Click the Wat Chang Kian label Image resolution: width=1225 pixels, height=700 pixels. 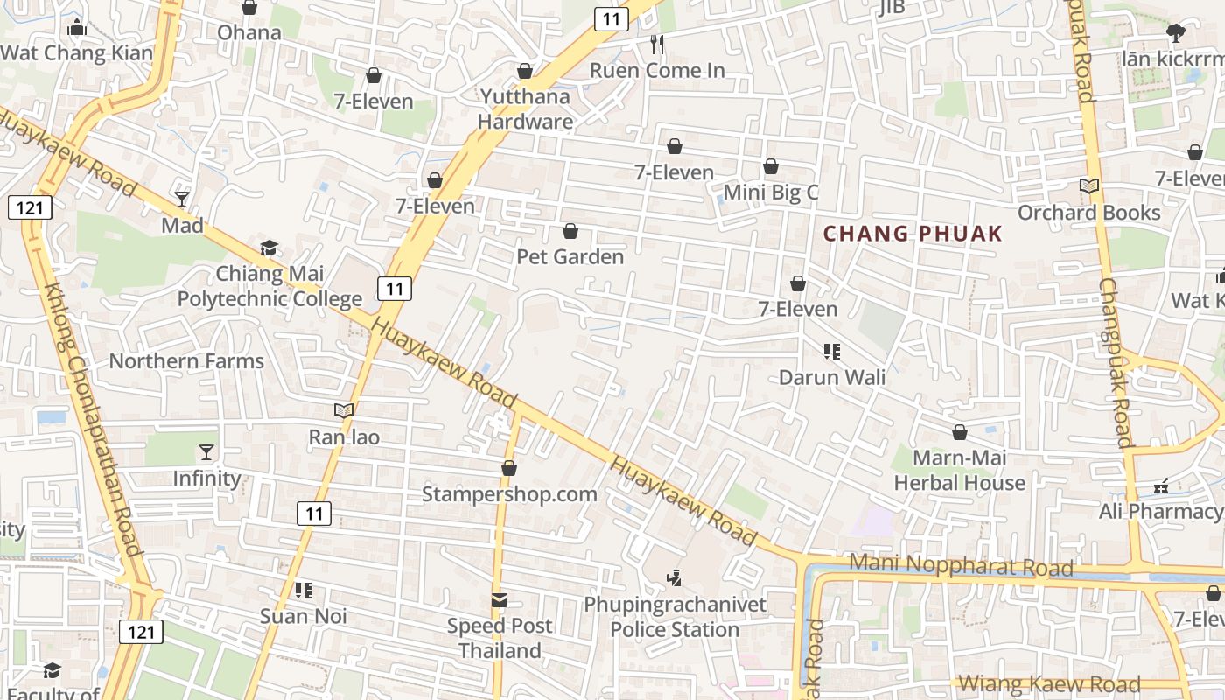tap(76, 52)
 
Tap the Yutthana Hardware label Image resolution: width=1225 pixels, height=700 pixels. tap(525, 108)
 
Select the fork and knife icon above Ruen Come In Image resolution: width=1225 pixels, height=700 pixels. tap(657, 44)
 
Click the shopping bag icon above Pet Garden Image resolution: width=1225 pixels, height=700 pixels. tap(570, 231)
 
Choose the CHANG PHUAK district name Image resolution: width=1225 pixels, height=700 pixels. tap(913, 234)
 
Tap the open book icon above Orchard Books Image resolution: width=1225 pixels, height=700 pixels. tap(1088, 186)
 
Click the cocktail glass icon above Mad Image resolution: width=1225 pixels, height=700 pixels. tap(182, 199)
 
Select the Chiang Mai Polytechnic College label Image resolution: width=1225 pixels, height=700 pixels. tap(269, 286)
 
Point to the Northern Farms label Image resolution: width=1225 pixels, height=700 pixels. tap(186, 360)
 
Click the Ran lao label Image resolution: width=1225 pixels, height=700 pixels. tap(344, 436)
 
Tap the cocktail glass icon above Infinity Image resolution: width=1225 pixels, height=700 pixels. tap(206, 452)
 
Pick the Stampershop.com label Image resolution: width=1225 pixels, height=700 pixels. tap(509, 493)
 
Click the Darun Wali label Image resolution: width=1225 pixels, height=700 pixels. tap(832, 377)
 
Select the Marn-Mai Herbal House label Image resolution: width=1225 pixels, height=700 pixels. tap(960, 470)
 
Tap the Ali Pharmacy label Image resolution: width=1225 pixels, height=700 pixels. tap(1160, 511)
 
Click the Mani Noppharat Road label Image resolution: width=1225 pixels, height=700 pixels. tap(961, 565)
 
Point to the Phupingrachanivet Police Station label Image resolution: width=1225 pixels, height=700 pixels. tap(675, 617)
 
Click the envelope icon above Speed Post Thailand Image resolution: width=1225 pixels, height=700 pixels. tap(500, 600)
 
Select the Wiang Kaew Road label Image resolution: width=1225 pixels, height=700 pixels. tap(1050, 684)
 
